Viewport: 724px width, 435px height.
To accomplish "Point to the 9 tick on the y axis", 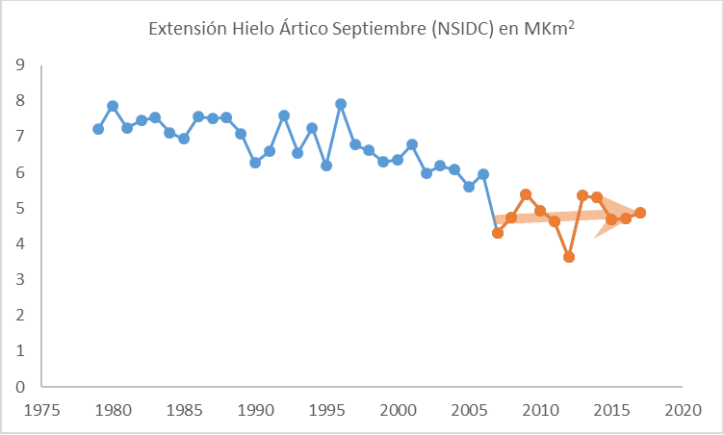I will [x=19, y=65].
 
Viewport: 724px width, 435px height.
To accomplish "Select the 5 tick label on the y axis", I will [x=19, y=208].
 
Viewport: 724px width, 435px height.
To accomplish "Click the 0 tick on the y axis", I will [x=19, y=387].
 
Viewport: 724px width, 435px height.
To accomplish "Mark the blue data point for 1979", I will [x=98, y=129].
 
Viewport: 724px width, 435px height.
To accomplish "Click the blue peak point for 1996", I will [x=341, y=104].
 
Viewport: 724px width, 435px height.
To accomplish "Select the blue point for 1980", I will [x=113, y=106].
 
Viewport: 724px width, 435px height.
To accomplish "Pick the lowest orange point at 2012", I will [x=569, y=257].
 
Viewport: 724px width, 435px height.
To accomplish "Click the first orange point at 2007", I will [x=498, y=233].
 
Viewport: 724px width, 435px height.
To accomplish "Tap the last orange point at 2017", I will [x=640, y=213].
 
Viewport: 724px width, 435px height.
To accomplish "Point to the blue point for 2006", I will [x=483, y=174].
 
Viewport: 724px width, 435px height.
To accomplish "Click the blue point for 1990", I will [x=255, y=163].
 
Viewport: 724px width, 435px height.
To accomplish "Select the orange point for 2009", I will [x=526, y=194].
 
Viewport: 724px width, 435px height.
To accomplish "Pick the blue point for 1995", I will [x=326, y=166].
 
